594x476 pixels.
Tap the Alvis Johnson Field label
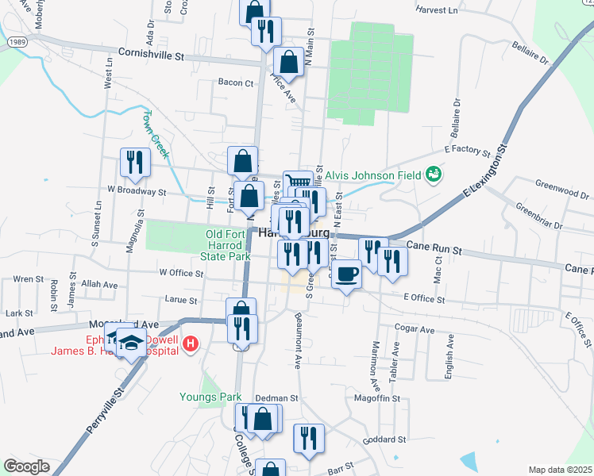372,173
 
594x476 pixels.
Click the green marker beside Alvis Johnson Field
433,173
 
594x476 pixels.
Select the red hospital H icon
190,344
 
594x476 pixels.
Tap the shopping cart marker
298,183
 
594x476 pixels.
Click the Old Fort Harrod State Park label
227,245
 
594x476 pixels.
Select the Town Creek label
156,132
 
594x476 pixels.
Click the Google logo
26,466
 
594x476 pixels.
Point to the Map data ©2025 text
560,470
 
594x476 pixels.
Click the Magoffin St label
376,397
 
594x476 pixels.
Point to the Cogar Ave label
415,329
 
